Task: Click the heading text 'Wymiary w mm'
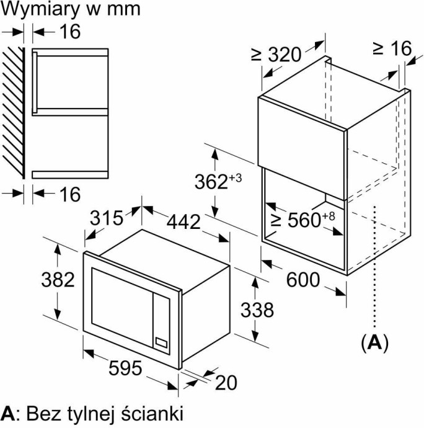(x=70, y=9)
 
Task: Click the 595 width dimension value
(x=125, y=368)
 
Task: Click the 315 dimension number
(x=107, y=218)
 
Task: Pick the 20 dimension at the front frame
(x=226, y=383)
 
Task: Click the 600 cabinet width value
(x=303, y=280)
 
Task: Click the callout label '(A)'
(x=374, y=342)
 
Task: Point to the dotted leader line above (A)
(x=374, y=267)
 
